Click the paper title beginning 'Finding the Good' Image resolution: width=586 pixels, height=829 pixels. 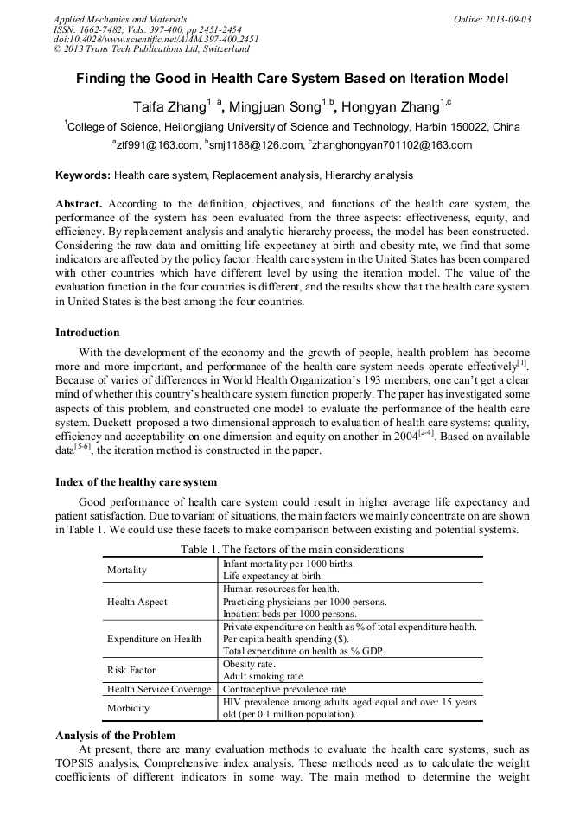(x=292, y=79)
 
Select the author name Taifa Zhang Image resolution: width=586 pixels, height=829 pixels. (x=168, y=107)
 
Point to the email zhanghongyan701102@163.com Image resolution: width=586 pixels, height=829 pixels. (x=394, y=145)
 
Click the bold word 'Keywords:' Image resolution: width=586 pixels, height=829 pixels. (x=83, y=175)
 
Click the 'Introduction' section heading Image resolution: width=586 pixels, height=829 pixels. (x=87, y=333)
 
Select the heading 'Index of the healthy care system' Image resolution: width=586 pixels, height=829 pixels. (x=136, y=481)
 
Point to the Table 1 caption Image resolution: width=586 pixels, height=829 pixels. (x=292, y=550)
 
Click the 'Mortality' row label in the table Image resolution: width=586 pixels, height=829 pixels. (x=127, y=570)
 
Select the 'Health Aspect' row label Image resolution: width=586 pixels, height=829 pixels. (x=137, y=602)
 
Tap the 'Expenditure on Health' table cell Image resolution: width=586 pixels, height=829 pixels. (x=154, y=639)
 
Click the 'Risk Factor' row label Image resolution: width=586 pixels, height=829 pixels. (x=131, y=670)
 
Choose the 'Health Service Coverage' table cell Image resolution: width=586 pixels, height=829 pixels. (x=159, y=689)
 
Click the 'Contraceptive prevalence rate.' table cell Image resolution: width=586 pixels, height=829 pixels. (x=286, y=689)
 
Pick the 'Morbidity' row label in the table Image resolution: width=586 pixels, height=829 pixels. (x=129, y=708)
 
